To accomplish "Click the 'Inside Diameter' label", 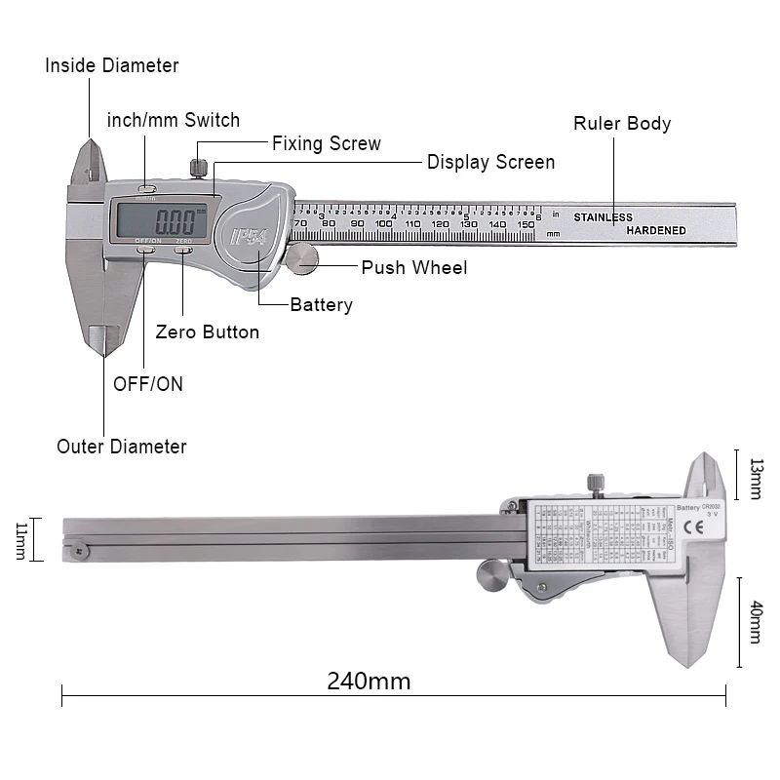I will pos(112,66).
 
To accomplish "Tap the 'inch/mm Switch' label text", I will pos(174,121).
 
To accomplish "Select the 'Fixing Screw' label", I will pos(326,143).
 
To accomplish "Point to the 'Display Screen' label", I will pos(490,162).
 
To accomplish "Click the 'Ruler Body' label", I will pos(622,124).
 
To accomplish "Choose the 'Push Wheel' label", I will pos(414,267).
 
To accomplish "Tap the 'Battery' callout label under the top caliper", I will pos(321,305).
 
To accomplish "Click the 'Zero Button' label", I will pos(208,332).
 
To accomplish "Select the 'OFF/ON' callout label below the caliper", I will pos(147,383).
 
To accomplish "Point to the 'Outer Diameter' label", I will pos(122,447).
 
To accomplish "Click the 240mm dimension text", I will pos(369,681).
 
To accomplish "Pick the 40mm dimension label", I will pos(756,622).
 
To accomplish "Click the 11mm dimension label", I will pos(22,539).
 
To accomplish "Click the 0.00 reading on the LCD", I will pos(174,218).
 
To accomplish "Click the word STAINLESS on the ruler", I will pos(603,217).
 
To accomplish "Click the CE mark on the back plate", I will pos(700,529).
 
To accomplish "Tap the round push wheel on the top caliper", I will pos(303,257).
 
